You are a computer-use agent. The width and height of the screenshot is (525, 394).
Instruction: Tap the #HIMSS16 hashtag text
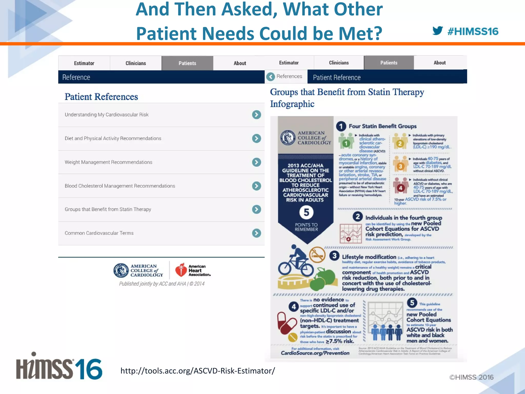[473, 32]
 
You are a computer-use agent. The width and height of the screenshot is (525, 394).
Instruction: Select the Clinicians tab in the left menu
[136, 63]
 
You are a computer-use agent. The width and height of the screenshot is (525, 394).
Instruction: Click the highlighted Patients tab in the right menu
[389, 63]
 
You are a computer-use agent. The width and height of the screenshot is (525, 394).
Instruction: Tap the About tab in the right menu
[439, 63]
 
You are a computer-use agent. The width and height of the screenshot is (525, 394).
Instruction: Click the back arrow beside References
[270, 76]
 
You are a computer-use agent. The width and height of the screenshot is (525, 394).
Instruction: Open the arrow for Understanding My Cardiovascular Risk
[256, 115]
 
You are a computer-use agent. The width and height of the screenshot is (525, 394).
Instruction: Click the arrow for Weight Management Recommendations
[256, 162]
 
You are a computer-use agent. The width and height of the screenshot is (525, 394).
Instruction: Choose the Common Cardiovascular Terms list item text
[99, 233]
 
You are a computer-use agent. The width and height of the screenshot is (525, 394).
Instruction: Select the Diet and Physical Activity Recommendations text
[113, 138]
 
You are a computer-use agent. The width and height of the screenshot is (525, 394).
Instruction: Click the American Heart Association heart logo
[181, 270]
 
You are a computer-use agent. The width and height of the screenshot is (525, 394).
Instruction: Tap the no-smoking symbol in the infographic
[317, 254]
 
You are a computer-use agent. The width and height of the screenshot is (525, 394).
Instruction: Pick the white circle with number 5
[306, 212]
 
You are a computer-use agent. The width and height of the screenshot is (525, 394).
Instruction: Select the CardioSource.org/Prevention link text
[315, 353]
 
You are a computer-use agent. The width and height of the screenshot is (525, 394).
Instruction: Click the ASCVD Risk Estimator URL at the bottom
[198, 371]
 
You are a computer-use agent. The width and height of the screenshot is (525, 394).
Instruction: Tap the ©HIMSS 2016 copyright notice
[471, 377]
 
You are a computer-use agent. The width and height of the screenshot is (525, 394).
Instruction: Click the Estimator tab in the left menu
[84, 63]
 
